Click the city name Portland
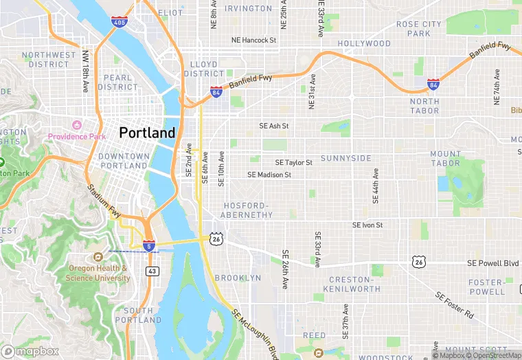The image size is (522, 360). click(147, 133)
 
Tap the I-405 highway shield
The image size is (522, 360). click(118, 22)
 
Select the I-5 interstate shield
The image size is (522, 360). click(149, 245)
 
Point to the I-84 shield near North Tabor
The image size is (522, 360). click(433, 85)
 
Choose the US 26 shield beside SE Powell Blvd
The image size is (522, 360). click(419, 262)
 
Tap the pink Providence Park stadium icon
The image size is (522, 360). click(77, 125)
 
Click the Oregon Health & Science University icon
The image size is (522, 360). click(98, 256)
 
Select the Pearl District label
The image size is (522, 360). click(117, 82)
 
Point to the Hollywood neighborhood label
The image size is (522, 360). click(364, 43)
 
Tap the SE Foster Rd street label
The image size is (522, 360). click(455, 304)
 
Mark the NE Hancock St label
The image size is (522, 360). click(253, 41)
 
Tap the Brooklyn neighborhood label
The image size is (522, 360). click(238, 278)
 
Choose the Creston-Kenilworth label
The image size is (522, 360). click(354, 284)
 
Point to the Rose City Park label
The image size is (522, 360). click(418, 28)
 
